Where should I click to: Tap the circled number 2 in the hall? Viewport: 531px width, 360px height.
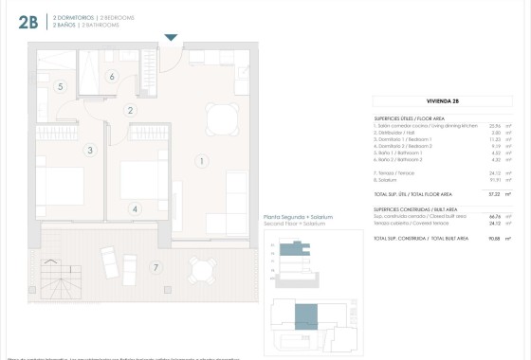[130, 110]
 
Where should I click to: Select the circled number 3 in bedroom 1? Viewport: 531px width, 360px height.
[90, 150]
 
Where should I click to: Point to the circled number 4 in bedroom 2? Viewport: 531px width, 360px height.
[135, 209]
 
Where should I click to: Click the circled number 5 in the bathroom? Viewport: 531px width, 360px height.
[60, 87]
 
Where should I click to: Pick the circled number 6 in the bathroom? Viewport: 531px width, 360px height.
[112, 77]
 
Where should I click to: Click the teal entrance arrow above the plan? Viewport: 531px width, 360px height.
[171, 38]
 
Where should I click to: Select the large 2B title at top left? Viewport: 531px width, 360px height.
[27, 24]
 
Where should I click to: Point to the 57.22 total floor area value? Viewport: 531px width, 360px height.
[493, 193]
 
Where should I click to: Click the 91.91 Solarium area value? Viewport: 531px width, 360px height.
[493, 180]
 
